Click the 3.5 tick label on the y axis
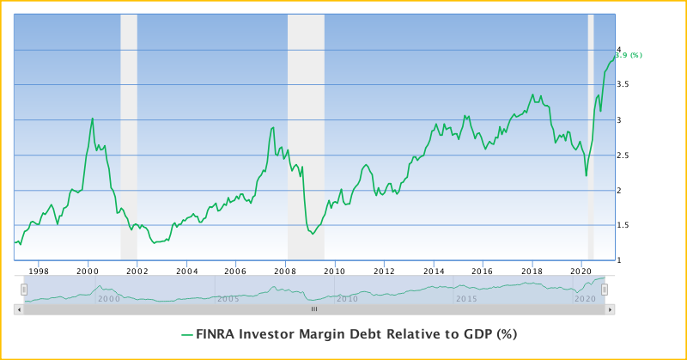tap(627, 85)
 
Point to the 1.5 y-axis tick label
tap(627, 225)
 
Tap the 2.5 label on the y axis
tap(627, 156)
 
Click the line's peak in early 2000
tap(93, 119)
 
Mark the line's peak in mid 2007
tap(272, 128)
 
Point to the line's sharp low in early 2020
tap(587, 176)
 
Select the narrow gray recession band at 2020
tap(591, 137)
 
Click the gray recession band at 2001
tap(129, 137)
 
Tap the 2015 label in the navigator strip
tap(466, 298)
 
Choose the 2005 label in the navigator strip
tap(228, 298)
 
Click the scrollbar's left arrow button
tap(19, 308)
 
